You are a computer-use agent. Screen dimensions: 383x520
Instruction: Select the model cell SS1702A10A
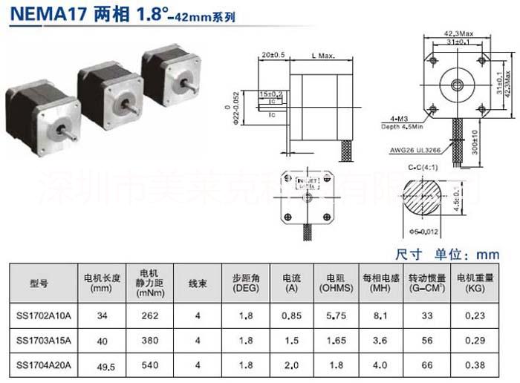[44, 315]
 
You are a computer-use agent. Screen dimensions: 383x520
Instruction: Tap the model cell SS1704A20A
[44, 365]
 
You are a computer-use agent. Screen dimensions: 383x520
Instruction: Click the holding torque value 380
[150, 341]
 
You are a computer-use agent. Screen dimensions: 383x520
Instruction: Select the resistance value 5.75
[335, 315]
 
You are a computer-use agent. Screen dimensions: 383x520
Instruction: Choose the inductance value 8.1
[380, 315]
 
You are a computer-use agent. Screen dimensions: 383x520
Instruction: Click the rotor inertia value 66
[426, 365]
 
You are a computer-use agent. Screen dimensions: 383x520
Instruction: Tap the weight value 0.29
[475, 341]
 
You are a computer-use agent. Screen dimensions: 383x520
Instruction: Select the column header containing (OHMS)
[335, 283]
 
